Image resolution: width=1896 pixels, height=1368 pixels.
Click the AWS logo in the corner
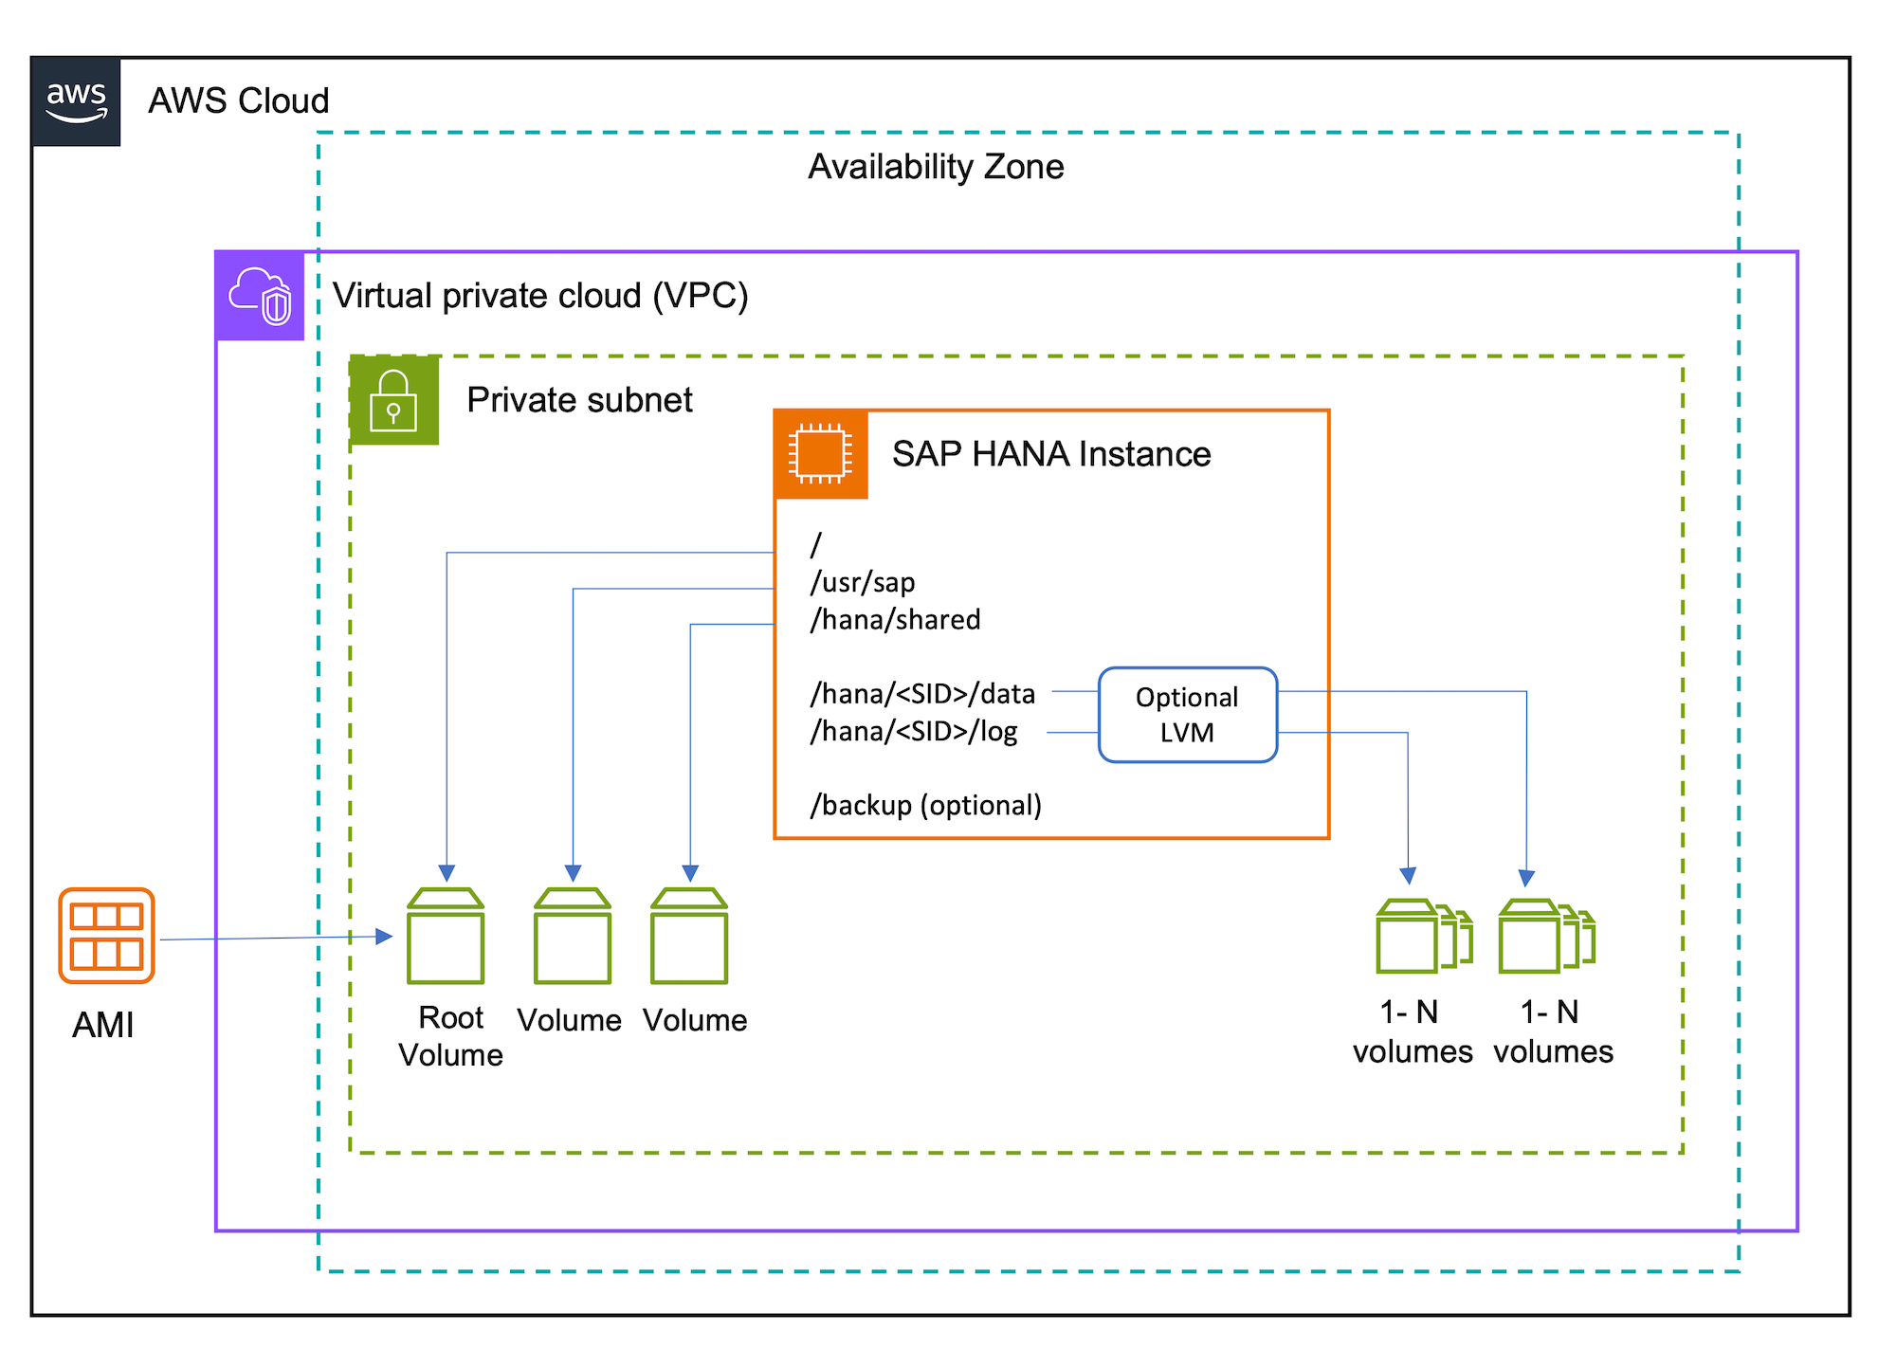76,101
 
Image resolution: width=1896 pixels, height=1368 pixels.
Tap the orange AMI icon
106,936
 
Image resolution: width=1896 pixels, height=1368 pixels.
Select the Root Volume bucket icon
446,937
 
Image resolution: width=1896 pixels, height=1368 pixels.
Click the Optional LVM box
1187,715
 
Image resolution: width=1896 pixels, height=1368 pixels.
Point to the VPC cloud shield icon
260,296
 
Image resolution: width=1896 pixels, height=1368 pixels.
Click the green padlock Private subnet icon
393,400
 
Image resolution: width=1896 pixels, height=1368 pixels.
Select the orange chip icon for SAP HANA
820,454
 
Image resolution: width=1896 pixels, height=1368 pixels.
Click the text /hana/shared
895,620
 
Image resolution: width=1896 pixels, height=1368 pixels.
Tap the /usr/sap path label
862,582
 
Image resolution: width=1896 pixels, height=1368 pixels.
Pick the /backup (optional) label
925,805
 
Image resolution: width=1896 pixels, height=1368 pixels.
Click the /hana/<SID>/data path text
921,694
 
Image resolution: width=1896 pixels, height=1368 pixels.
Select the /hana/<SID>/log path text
913,731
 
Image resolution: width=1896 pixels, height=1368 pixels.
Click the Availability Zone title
936,167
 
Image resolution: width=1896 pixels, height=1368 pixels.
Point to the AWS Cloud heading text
238,100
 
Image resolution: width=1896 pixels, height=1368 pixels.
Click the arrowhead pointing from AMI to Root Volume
385,937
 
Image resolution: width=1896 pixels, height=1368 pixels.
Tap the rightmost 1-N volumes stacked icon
1546,937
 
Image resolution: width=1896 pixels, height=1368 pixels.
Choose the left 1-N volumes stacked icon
1423,937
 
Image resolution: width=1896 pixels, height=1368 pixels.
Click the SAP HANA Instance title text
1050,454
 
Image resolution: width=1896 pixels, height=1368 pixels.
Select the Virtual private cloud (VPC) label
540,296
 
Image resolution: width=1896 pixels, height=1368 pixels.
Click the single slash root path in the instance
815,545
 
